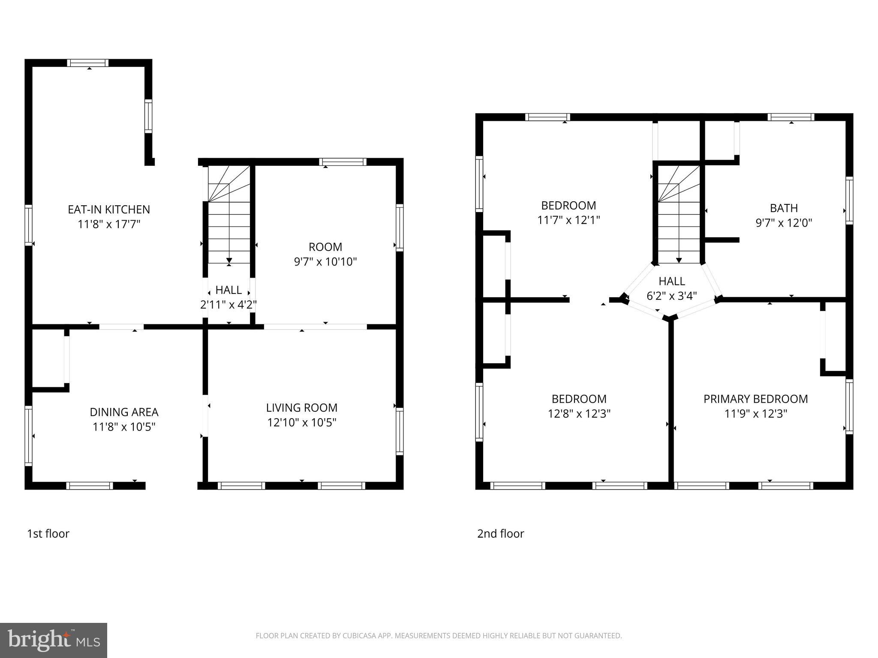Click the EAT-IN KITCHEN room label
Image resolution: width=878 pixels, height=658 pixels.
pos(109,209)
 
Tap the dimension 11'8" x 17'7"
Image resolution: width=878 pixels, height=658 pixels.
pos(109,224)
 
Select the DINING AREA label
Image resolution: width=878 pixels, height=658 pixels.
pos(124,412)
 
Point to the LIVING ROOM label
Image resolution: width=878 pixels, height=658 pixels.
pos(302,407)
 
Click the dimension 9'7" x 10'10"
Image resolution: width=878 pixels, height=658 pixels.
pos(325,262)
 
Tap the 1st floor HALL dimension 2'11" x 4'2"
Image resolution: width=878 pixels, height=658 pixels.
pos(229,305)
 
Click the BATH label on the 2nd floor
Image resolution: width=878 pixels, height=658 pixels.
pos(784,208)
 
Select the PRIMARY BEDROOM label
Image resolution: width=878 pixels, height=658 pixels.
pos(755,399)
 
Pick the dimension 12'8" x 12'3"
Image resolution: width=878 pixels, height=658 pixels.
pos(579,414)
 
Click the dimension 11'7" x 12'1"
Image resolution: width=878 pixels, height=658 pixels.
pos(568,220)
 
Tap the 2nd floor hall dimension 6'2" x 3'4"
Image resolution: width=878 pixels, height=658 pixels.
pos(672,296)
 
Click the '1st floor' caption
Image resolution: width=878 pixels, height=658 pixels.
pos(48,534)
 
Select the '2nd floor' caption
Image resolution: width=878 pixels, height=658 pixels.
pos(500,534)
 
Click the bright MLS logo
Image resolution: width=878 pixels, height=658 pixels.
pos(54,640)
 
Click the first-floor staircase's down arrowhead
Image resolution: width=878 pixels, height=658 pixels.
pos(229,260)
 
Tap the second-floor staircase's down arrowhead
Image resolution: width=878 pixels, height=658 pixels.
pos(679,260)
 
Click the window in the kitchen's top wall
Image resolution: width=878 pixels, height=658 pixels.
pos(88,63)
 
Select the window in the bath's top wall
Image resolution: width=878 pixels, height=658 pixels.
pos(791,117)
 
